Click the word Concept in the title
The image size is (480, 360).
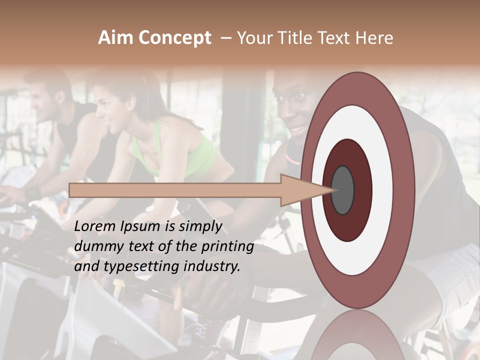pos(174,38)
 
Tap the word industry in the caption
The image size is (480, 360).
pos(212,267)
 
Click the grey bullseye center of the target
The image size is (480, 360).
pos(342,190)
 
